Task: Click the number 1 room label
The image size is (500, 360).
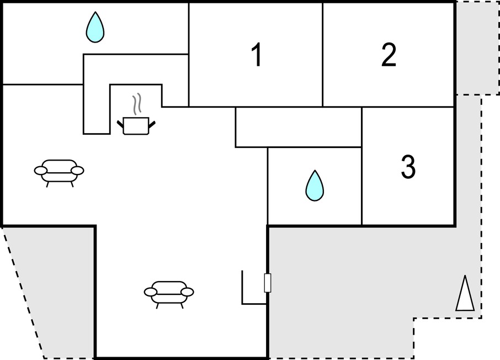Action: tap(257, 55)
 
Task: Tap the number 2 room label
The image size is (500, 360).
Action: tap(389, 55)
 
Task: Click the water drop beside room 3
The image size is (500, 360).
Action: tap(315, 186)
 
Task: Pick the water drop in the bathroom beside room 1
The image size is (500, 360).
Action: tap(95, 27)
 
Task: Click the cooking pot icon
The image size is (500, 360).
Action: tap(136, 125)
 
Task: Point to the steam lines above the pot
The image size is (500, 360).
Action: tap(137, 104)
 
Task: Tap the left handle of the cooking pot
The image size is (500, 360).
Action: tap(120, 124)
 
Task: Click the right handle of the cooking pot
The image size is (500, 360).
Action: tap(152, 124)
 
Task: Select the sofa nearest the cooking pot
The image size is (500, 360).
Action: tap(59, 173)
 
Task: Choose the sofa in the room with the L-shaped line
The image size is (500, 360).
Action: tap(169, 294)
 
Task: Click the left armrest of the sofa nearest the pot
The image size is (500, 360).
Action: tap(40, 171)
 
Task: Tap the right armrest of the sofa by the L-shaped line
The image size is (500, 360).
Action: tap(187, 292)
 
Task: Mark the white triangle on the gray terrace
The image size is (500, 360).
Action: tap(465, 293)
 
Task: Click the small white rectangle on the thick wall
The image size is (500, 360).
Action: tap(268, 283)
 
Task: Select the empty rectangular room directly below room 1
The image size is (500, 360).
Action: tap(299, 127)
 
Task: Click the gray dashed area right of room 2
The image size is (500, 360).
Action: tap(477, 48)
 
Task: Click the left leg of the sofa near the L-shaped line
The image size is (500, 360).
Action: tap(157, 305)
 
